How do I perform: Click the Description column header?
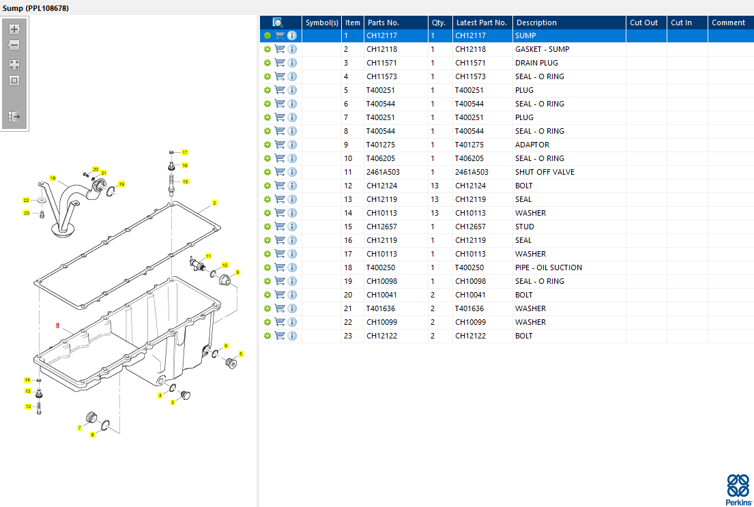[536, 23]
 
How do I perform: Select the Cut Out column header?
[643, 23]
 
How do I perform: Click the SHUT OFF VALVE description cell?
[545, 172]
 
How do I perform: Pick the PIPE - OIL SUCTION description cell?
[548, 267]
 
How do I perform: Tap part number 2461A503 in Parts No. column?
[383, 172]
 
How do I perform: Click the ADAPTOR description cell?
[532, 145]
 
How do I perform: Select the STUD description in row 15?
[525, 227]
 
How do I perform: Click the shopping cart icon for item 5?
[280, 90]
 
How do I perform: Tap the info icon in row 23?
[292, 336]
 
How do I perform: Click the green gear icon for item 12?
[267, 186]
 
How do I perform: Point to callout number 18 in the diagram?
[53, 178]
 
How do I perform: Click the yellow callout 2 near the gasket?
[214, 203]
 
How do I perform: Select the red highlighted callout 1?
[59, 325]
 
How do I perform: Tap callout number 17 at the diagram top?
[184, 152]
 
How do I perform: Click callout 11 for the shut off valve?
[208, 255]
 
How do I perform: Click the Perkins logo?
[738, 489]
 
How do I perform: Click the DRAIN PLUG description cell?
[536, 63]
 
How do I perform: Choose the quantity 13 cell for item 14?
[435, 213]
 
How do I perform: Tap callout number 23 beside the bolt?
[27, 213]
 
